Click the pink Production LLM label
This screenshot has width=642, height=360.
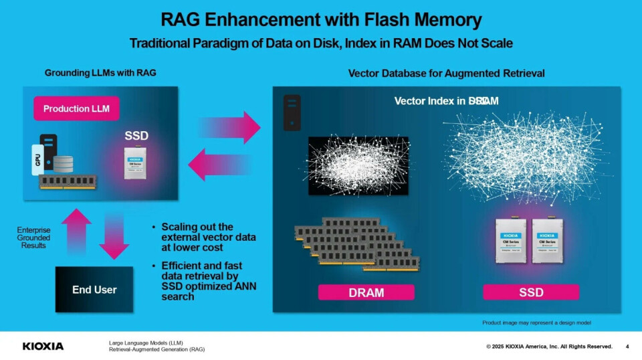point(76,108)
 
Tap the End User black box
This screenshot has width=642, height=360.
point(94,290)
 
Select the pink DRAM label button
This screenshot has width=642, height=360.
point(366,292)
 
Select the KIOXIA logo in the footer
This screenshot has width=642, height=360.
point(43,346)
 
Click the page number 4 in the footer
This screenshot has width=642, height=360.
point(627,346)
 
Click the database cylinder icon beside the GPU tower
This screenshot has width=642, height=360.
point(64,163)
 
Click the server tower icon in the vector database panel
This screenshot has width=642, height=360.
point(292,112)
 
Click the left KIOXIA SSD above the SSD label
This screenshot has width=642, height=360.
point(510,240)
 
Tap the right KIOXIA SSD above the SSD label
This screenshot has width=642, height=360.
point(546,240)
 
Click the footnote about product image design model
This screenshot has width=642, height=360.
point(536,323)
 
